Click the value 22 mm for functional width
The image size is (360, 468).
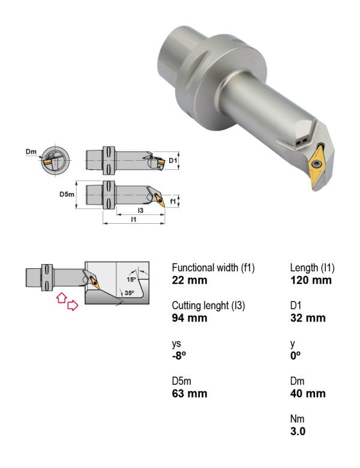click(x=189, y=280)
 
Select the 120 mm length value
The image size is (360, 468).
click(x=311, y=280)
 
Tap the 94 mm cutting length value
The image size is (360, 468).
click(x=189, y=318)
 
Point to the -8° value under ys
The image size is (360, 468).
click(x=179, y=355)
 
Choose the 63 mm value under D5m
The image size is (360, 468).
click(x=189, y=394)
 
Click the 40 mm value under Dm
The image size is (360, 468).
click(x=308, y=394)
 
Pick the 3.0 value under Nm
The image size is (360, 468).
click(x=298, y=431)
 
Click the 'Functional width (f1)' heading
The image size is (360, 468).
click(x=213, y=268)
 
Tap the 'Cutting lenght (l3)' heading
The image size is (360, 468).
click(x=208, y=305)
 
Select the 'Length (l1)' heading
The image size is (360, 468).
click(x=312, y=268)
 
